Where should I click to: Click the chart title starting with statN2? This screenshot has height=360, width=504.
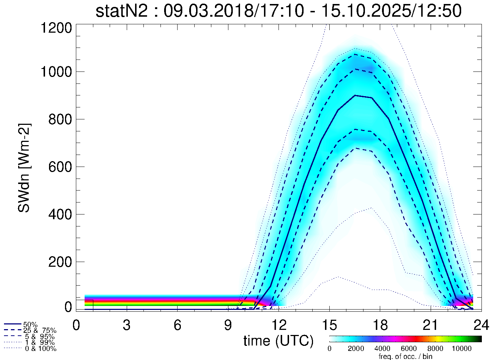(279, 11)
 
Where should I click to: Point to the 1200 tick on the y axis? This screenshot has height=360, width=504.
(56, 28)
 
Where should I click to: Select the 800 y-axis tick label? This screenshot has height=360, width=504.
(60, 119)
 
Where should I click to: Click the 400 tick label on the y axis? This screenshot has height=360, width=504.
(60, 214)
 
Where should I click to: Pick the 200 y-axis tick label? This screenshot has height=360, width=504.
(60, 262)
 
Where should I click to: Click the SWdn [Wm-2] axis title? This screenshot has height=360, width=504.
(24, 168)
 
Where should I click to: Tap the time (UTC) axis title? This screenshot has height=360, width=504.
(278, 340)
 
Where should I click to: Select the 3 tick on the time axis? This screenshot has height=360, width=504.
(127, 325)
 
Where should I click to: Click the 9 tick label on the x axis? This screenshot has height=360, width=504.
(228, 325)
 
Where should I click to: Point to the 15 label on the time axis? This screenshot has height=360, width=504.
(329, 325)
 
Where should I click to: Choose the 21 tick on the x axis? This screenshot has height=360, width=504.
(431, 325)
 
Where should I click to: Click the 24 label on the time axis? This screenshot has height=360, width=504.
(481, 325)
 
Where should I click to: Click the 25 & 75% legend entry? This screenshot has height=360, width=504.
(40, 331)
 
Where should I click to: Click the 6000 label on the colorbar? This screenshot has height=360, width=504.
(409, 349)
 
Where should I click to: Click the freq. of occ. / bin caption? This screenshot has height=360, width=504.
(405, 356)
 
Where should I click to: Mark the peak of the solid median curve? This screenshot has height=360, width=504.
(355, 95)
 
